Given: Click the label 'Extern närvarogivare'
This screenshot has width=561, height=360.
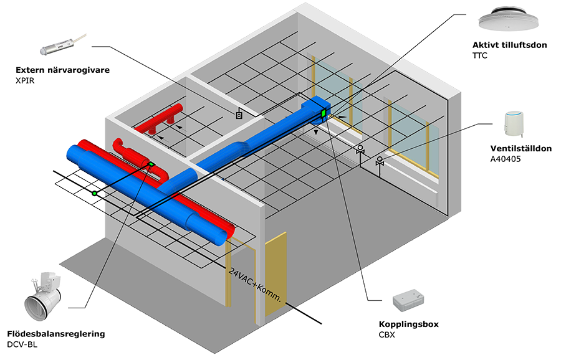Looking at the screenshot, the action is pos(62,70).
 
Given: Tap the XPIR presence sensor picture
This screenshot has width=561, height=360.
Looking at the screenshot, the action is pos(62,44).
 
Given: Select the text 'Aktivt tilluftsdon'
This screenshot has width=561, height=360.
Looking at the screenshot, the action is pos(509,45).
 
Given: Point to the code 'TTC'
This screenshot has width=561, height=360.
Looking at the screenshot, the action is pos(480,55).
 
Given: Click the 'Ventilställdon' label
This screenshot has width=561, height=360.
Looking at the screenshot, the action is pos(521,148).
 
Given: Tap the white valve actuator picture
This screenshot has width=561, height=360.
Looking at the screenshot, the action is pos(514,124).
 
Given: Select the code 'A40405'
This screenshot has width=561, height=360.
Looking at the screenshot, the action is pos(505,159).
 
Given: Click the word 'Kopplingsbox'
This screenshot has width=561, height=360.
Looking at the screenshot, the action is pos(408,324).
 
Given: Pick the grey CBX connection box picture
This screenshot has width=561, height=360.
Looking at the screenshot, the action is pos(408,300).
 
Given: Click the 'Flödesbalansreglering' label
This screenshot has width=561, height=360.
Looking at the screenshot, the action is pos(56,334).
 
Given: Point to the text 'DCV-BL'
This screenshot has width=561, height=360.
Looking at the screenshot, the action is pos(22,344).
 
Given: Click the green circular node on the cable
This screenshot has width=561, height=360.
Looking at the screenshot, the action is pos(95,194).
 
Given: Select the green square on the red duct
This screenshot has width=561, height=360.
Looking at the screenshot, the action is pos(151,164).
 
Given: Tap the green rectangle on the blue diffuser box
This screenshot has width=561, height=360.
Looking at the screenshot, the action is pos(324,113).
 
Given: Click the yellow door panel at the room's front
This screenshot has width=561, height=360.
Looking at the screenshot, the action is pos(276,273).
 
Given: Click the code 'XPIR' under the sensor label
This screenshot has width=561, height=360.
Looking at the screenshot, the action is pos(25,81).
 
